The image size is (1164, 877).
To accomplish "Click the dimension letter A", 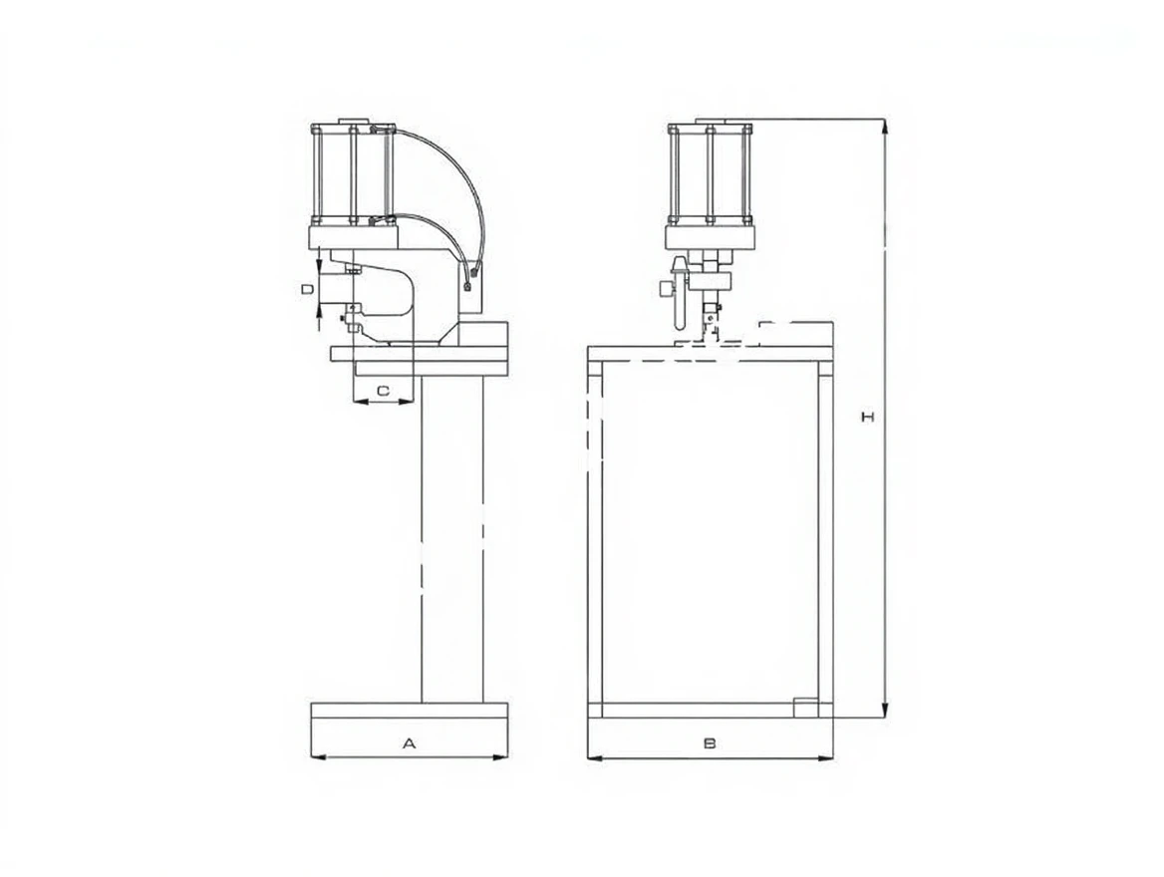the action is click(409, 742).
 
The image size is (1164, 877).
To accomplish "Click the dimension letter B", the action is click(710, 742).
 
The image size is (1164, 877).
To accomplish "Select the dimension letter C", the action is click(383, 390).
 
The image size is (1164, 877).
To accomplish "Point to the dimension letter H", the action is click(867, 418).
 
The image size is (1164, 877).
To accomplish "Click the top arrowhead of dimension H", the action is click(884, 127).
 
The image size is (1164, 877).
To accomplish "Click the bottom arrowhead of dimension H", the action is click(884, 710).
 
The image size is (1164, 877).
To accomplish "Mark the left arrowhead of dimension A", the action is click(319, 757).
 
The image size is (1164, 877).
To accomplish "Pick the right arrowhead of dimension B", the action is click(825, 758).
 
